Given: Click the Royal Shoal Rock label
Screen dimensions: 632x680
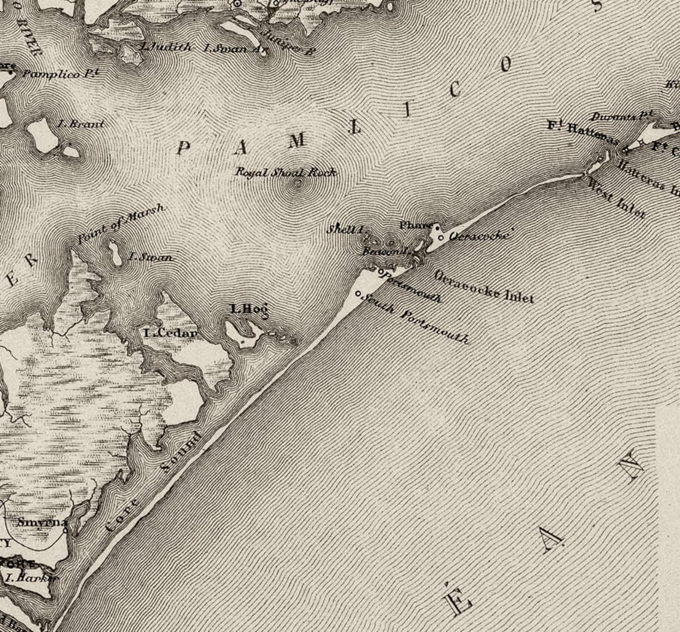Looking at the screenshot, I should (286, 173).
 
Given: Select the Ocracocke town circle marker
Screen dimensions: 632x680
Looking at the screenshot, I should (441, 238).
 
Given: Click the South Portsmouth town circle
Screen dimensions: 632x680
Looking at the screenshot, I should (358, 293).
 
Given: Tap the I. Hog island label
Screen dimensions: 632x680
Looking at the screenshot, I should (249, 309).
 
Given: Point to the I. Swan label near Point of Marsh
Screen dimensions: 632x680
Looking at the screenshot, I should (151, 258).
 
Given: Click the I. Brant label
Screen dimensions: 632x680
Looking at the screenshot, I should (81, 125).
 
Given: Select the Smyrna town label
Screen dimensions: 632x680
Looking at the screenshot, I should (42, 523).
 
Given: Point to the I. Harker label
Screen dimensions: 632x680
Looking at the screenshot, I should (31, 577).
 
